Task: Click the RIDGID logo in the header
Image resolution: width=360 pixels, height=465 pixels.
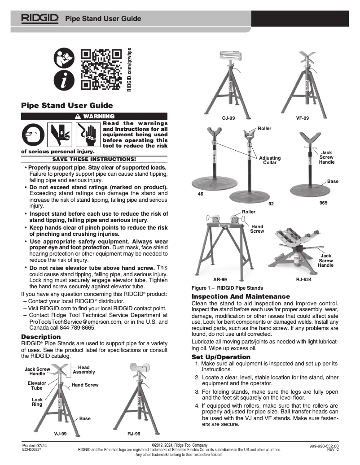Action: pos(39,18)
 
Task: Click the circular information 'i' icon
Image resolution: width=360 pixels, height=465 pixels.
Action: pos(63,80)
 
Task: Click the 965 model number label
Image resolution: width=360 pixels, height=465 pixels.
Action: pos(323,203)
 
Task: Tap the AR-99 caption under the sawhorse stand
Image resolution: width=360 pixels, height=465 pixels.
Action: pos(220,279)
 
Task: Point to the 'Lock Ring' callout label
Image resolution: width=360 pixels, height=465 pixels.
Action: pos(37,401)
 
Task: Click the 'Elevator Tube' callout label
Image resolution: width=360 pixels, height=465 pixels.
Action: pos(37,385)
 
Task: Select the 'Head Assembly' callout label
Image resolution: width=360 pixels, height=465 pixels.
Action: pos(84,369)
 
